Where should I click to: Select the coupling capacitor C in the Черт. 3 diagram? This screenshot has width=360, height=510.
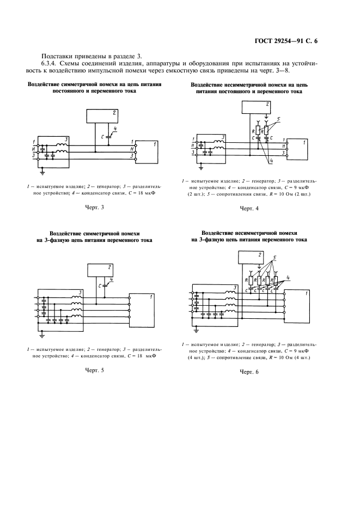[108, 136]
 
